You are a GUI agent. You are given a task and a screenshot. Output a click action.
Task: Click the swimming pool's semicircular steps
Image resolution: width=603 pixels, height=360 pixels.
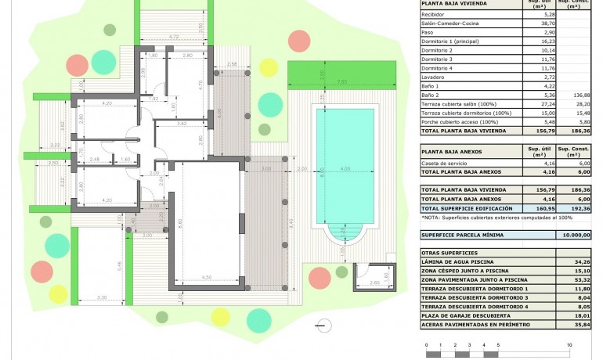[345, 232]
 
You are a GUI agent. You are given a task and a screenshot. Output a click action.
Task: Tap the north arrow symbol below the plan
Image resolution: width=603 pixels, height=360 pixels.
[320, 324]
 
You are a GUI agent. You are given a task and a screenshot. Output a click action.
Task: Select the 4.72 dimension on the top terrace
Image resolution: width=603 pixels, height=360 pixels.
[174, 37]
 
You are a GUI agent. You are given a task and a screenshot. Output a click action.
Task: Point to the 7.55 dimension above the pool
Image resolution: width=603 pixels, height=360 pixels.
[341, 81]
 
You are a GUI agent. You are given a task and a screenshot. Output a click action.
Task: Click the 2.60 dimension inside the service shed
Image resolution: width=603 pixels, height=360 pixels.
[374, 283]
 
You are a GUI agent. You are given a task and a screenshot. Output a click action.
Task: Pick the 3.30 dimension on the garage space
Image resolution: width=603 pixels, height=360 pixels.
[102, 298]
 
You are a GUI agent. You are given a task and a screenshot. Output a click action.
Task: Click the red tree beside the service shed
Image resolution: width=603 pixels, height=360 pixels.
[320, 276]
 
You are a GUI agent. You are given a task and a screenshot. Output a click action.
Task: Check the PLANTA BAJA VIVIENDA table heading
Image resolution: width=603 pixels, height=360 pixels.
[454, 4]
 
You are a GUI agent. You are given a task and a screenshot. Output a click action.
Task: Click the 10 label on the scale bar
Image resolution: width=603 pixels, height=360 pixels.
[569, 344]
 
